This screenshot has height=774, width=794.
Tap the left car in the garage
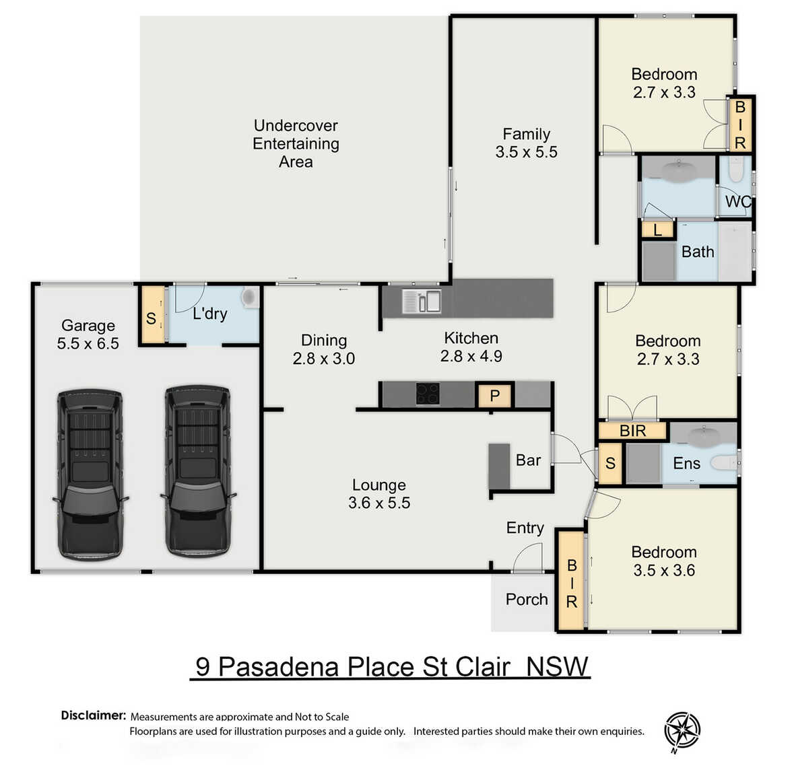90,474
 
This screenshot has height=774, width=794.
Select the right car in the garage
198,472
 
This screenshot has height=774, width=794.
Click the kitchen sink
422,301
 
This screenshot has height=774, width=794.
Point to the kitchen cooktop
428,394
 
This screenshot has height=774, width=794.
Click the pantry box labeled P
495,395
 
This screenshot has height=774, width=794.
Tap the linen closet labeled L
657,230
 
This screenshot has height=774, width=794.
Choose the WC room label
738,201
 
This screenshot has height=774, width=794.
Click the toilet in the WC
736,169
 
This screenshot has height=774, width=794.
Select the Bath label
698,252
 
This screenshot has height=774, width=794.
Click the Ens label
687,463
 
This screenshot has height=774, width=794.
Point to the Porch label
527,600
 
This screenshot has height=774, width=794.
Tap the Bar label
528,460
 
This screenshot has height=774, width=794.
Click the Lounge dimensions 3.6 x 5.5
379,503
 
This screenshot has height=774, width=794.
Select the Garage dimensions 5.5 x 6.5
88,343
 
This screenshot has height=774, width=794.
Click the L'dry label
210,314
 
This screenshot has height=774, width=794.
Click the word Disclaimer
93,715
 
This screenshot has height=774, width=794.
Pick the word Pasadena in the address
279,666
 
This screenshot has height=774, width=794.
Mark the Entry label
525,528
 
